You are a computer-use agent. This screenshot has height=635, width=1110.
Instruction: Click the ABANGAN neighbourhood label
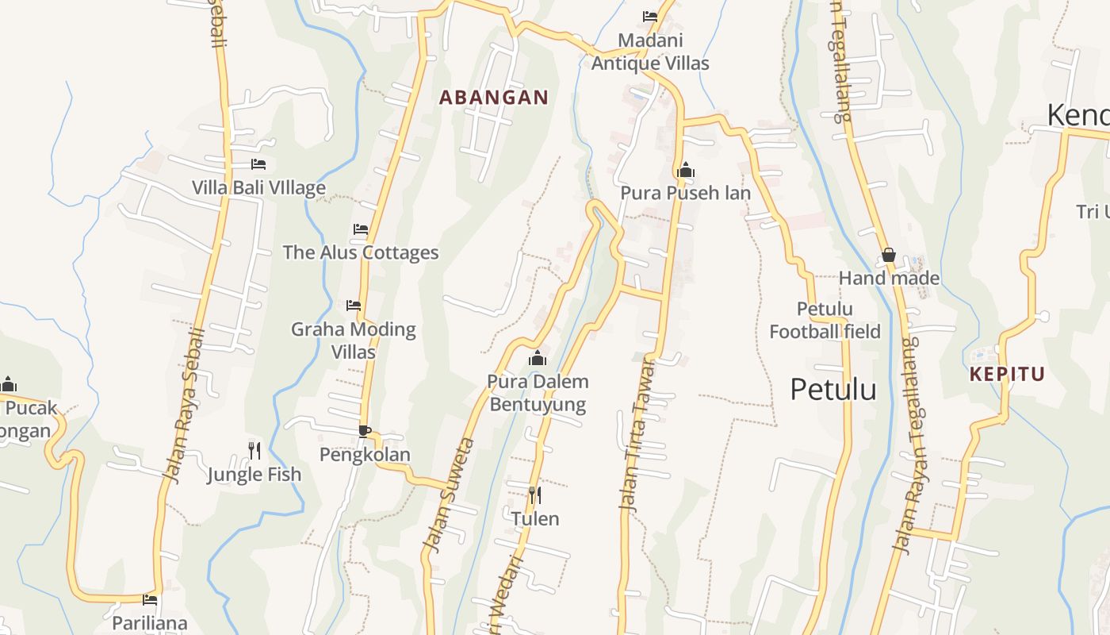(493, 98)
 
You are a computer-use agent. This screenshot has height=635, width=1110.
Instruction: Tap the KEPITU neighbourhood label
(1007, 374)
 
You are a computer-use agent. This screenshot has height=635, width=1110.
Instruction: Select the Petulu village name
(833, 390)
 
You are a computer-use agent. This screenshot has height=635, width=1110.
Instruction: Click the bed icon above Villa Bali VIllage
(258, 164)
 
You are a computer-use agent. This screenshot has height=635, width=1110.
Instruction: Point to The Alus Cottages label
(361, 252)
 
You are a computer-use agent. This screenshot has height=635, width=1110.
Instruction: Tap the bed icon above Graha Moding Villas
(354, 305)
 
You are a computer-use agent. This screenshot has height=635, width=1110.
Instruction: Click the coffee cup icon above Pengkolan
(364, 431)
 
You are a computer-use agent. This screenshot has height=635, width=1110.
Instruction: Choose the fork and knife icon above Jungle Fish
(254, 451)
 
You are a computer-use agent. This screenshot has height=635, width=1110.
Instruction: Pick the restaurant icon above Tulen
(535, 495)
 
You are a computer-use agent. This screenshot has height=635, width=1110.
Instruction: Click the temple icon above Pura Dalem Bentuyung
(538, 358)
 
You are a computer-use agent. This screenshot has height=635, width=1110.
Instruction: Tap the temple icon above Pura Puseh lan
(686, 170)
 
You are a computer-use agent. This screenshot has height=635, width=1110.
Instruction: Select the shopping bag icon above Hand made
(889, 255)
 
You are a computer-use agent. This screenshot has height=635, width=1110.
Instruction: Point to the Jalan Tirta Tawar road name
(639, 434)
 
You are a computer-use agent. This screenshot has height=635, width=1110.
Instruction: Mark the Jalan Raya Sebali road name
(184, 404)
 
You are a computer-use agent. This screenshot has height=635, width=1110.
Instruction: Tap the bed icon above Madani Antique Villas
(650, 17)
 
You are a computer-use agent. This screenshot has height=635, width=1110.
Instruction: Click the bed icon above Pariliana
(150, 599)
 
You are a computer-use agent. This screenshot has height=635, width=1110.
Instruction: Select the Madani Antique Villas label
(650, 52)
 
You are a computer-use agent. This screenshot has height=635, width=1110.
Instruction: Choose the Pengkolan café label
(365, 455)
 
